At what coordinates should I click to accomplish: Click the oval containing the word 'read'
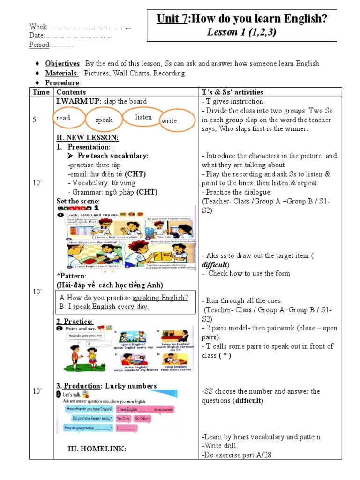pos(69,119)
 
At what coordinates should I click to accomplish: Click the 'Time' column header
pos(41,92)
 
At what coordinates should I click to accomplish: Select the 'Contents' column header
pos(71,92)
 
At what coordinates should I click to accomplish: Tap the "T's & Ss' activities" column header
pos(232,92)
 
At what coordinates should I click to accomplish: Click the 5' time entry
pos(36,120)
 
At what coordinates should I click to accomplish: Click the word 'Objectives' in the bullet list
pos(62,64)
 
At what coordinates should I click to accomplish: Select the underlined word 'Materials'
pos(61,73)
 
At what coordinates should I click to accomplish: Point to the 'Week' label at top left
pos(38,26)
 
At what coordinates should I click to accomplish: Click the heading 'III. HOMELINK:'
pos(97,449)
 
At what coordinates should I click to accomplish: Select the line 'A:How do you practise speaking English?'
pos(124,298)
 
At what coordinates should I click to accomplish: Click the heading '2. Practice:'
pos(75,322)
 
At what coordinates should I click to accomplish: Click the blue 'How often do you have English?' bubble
pos(89,409)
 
